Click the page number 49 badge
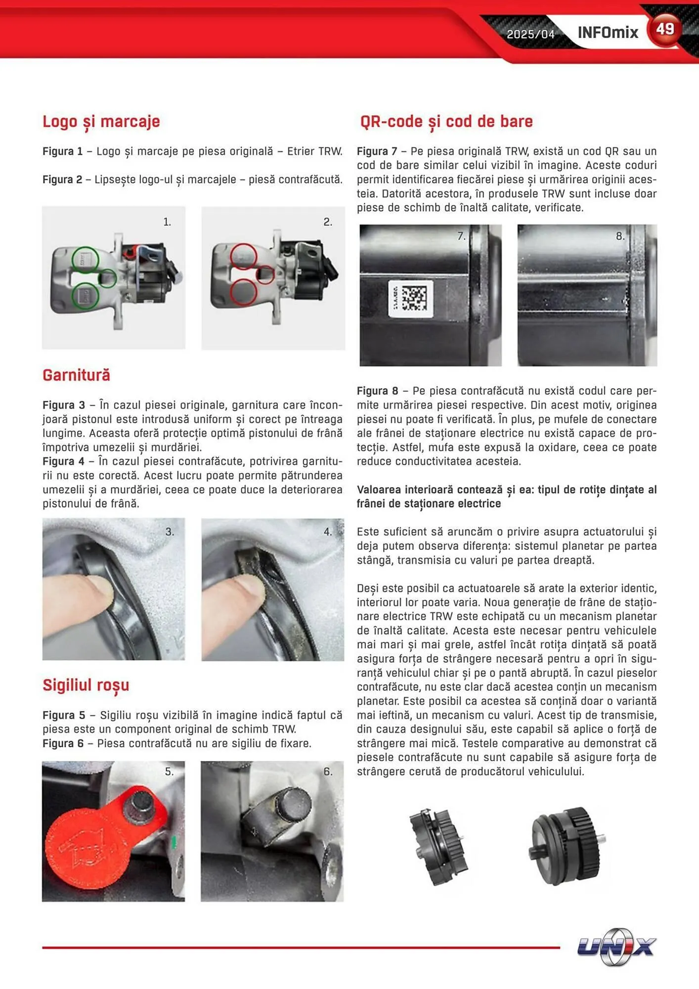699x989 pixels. [665, 30]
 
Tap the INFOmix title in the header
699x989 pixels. [608, 33]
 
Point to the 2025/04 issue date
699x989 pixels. [530, 34]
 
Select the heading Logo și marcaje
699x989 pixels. [101, 122]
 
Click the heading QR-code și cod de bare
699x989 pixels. [446, 122]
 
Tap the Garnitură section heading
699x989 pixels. [76, 375]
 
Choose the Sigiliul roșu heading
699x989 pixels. [86, 685]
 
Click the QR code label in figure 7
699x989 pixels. [411, 299]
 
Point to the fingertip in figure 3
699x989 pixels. [96, 588]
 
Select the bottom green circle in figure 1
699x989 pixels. [86, 296]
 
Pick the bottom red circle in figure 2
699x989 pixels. [243, 292]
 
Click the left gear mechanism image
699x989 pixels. [438, 846]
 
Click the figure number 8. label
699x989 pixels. [620, 236]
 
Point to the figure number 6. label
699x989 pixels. [328, 771]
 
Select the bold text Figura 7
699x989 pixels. [377, 151]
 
